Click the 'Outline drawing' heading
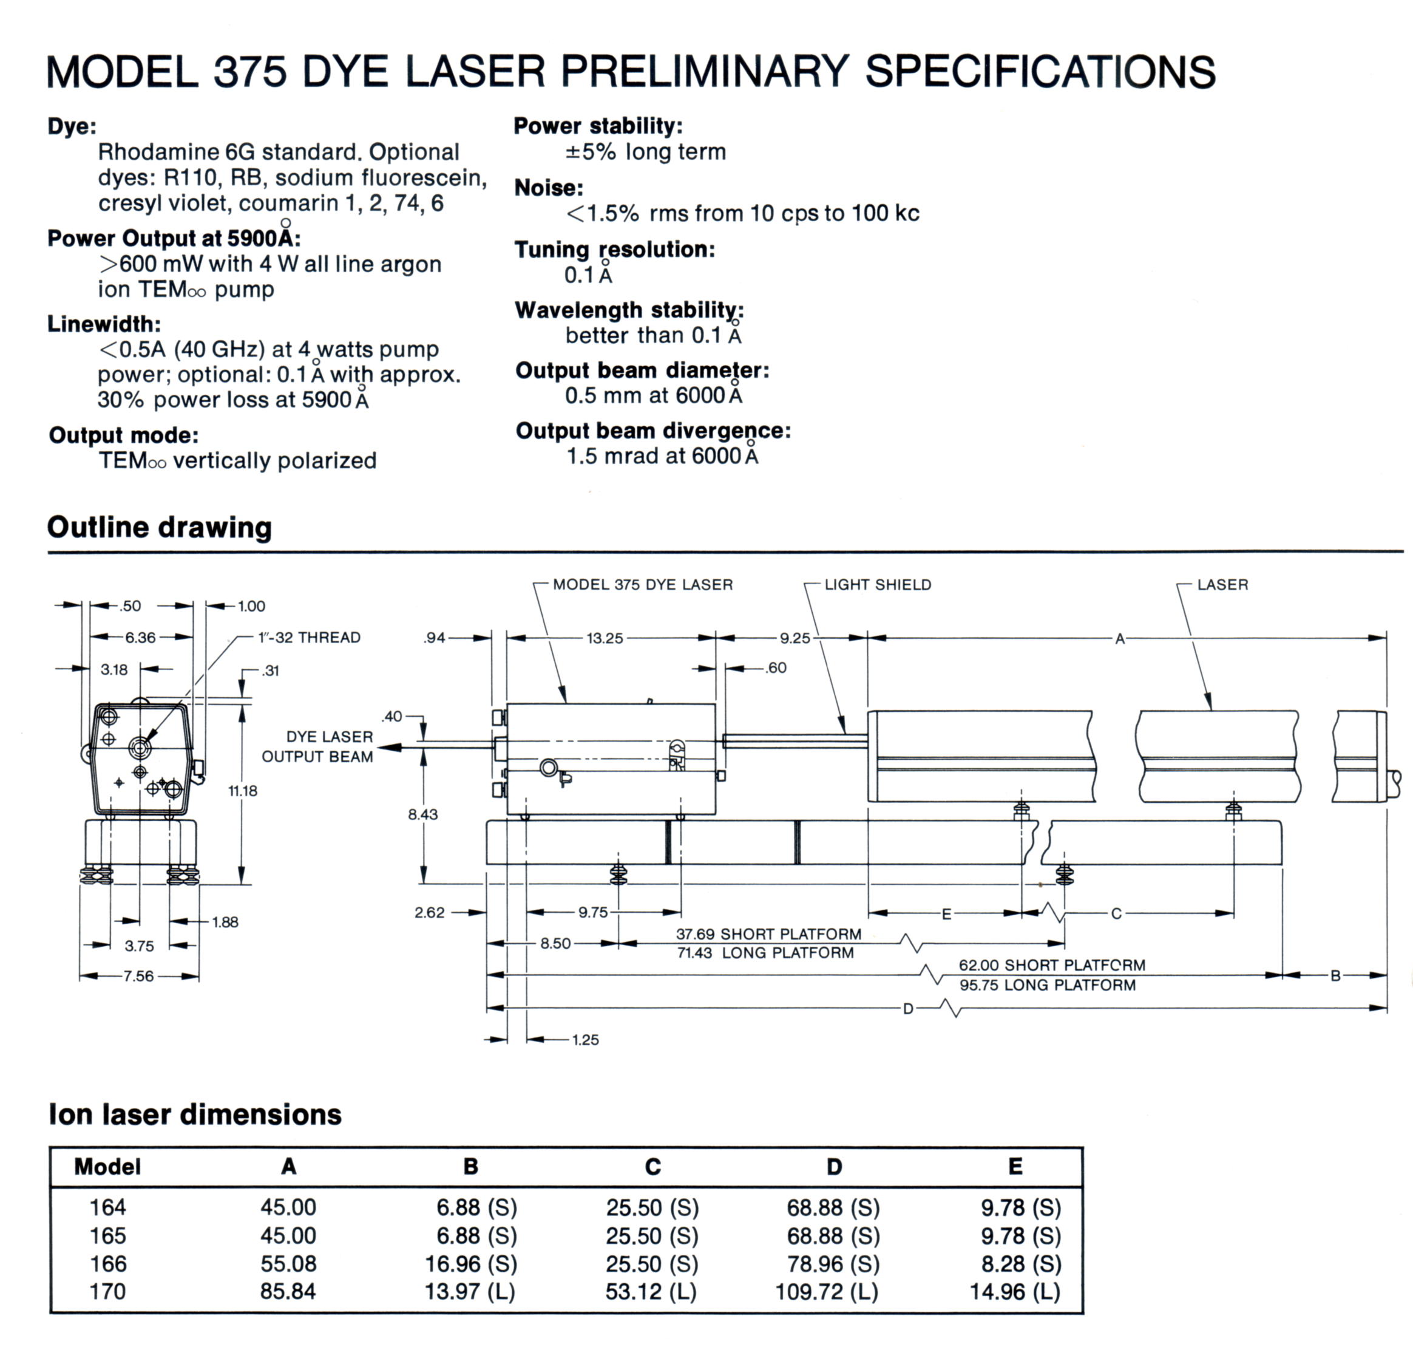(159, 527)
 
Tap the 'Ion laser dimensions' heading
(195, 1114)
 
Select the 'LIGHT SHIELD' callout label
(877, 584)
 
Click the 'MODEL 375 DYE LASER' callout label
(642, 584)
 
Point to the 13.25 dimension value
(604, 638)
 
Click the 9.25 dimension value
(795, 638)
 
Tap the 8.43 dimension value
(422, 814)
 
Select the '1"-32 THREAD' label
(310, 638)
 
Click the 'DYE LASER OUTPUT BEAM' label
(318, 746)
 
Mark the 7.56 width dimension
(138, 977)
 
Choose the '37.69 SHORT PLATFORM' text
(768, 934)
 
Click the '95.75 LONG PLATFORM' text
(1047, 985)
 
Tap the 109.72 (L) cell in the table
(827, 1292)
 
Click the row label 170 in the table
(107, 1292)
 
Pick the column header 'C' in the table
(652, 1167)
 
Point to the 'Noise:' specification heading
(549, 188)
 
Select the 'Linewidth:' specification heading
(104, 324)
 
